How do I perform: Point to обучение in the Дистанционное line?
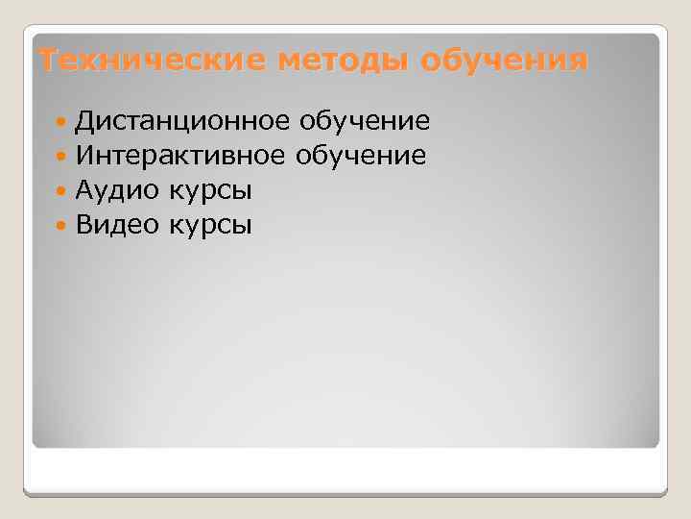tap(364, 121)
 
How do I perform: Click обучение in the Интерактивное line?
tap(362, 155)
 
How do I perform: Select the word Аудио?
tap(118, 190)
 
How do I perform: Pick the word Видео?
tap(118, 225)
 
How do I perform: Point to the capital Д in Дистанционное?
tap(85, 122)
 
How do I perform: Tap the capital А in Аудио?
tap(84, 190)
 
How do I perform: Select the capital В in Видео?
tap(84, 225)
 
